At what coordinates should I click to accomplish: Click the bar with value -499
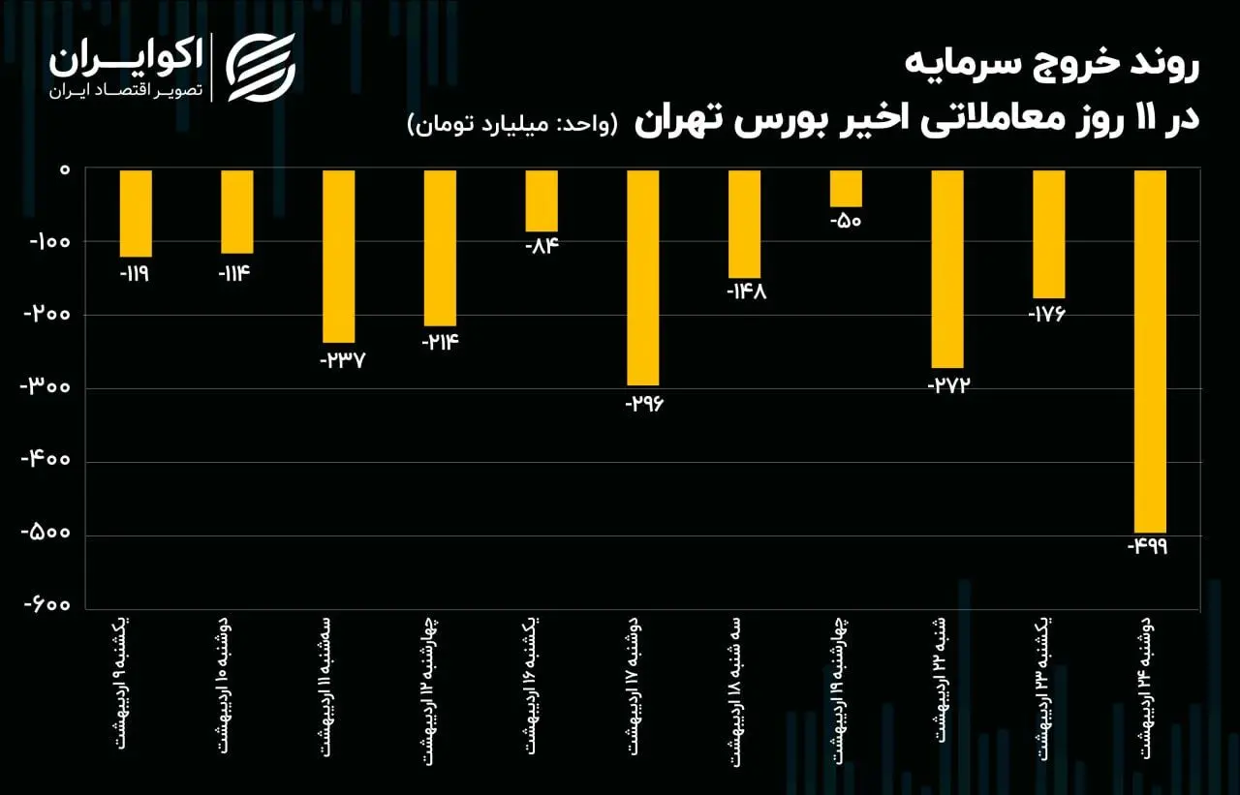coord(1150,351)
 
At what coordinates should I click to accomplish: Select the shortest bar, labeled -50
coord(846,188)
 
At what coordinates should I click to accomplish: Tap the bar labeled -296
coord(643,277)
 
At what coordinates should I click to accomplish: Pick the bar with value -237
coord(338,256)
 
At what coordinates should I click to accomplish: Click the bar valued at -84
coord(542,200)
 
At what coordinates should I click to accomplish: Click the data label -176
coord(1048,315)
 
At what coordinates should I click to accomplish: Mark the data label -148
coord(745,292)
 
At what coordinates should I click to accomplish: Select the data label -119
coord(136,274)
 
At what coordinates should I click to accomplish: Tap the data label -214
coord(440,342)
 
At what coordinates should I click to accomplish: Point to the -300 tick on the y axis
coord(46,388)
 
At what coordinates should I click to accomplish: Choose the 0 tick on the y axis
coord(64,170)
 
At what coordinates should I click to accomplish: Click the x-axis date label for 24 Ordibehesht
coord(1150,693)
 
